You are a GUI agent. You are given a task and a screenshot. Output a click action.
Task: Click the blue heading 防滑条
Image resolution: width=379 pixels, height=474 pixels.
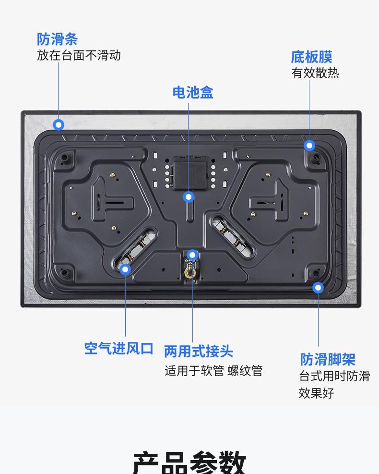pyautogui.click(x=58, y=39)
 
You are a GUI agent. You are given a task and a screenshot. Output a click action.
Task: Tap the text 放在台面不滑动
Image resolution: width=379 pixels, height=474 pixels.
pyautogui.click(x=79, y=55)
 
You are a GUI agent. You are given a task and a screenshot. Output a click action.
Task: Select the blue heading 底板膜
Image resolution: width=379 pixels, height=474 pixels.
pyautogui.click(x=312, y=57)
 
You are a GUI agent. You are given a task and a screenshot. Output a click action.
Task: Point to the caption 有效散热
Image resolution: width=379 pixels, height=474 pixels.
pyautogui.click(x=315, y=73)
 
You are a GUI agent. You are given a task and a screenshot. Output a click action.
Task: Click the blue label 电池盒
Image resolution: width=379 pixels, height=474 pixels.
pyautogui.click(x=193, y=93)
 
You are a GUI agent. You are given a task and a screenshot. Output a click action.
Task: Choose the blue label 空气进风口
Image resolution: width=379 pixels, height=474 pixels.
pyautogui.click(x=118, y=349)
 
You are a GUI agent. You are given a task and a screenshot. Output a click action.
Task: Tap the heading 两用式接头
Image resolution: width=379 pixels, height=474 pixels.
pyautogui.click(x=199, y=351)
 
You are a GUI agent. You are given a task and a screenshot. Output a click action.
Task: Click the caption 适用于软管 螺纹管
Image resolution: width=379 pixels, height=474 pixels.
pyautogui.click(x=213, y=371)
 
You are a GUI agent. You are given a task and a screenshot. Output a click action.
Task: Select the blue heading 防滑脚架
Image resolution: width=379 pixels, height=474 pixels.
pyautogui.click(x=328, y=359)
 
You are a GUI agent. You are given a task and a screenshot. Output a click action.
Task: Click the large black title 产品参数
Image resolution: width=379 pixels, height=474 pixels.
pyautogui.click(x=189, y=462)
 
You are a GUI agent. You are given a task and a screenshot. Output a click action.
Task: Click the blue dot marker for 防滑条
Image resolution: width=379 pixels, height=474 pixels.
pyautogui.click(x=59, y=124)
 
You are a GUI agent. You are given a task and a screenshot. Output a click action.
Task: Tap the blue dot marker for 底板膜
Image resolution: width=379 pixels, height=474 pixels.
pyautogui.click(x=309, y=146)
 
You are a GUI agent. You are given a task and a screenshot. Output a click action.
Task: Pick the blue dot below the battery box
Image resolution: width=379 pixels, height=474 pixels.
pyautogui.click(x=189, y=197)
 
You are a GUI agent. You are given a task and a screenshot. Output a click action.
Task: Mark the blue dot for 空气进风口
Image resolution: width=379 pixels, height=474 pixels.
pyautogui.click(x=125, y=269)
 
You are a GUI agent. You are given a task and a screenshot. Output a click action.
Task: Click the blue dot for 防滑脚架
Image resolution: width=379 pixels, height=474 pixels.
pyautogui.click(x=318, y=288)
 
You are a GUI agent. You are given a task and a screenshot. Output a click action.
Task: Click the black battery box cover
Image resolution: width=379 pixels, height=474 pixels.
pyautogui.click(x=190, y=173)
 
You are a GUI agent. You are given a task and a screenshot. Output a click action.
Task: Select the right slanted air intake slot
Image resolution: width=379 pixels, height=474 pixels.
pyautogui.click(x=233, y=235)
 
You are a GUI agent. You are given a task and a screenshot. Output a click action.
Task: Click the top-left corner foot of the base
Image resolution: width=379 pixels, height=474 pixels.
pyautogui.click(x=64, y=158)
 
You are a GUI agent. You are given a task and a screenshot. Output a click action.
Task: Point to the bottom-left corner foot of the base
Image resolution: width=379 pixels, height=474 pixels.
pyautogui.click(x=64, y=273)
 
